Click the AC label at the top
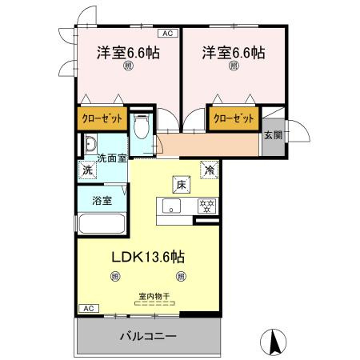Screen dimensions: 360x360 [169, 33]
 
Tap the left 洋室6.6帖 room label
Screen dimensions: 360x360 [127, 53]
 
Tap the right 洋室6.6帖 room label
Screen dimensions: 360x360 [234, 53]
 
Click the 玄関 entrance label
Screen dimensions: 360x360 [272, 134]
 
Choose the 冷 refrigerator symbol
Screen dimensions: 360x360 [208, 169]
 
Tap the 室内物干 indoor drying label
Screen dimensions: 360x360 [153, 295]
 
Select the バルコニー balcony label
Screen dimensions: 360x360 [149, 336]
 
